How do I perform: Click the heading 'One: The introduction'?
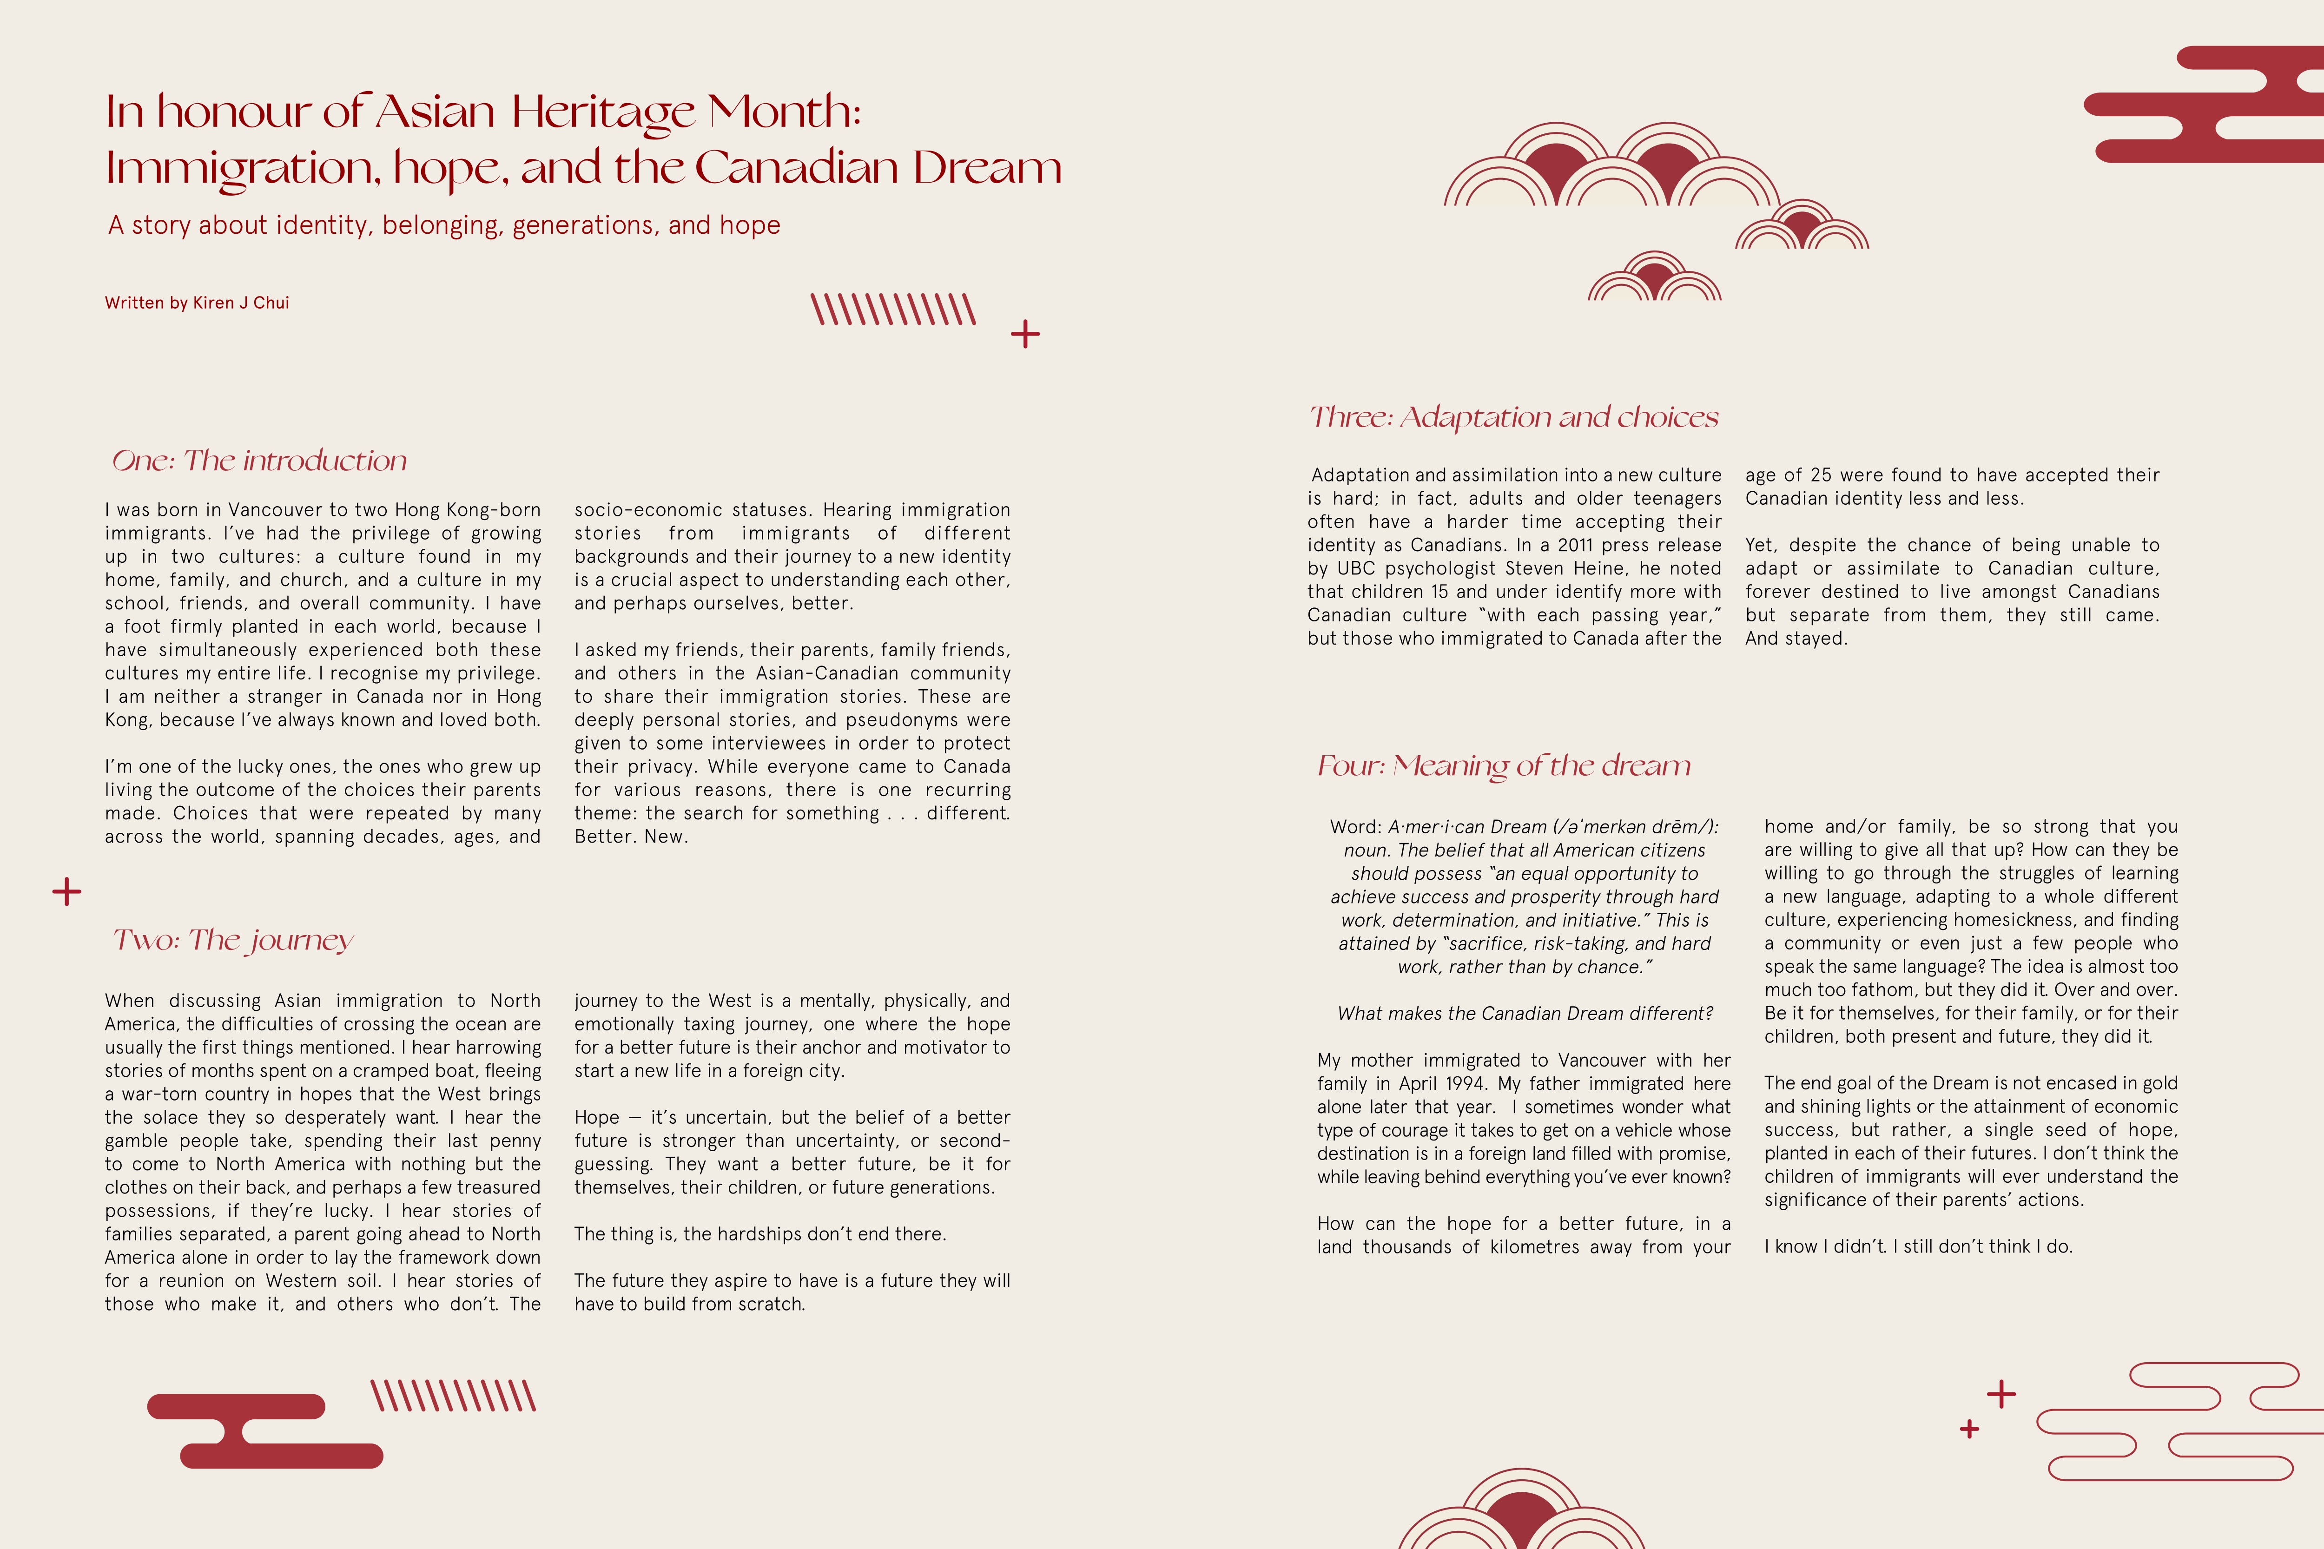point(259,461)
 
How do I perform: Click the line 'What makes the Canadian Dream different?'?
point(1525,1014)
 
